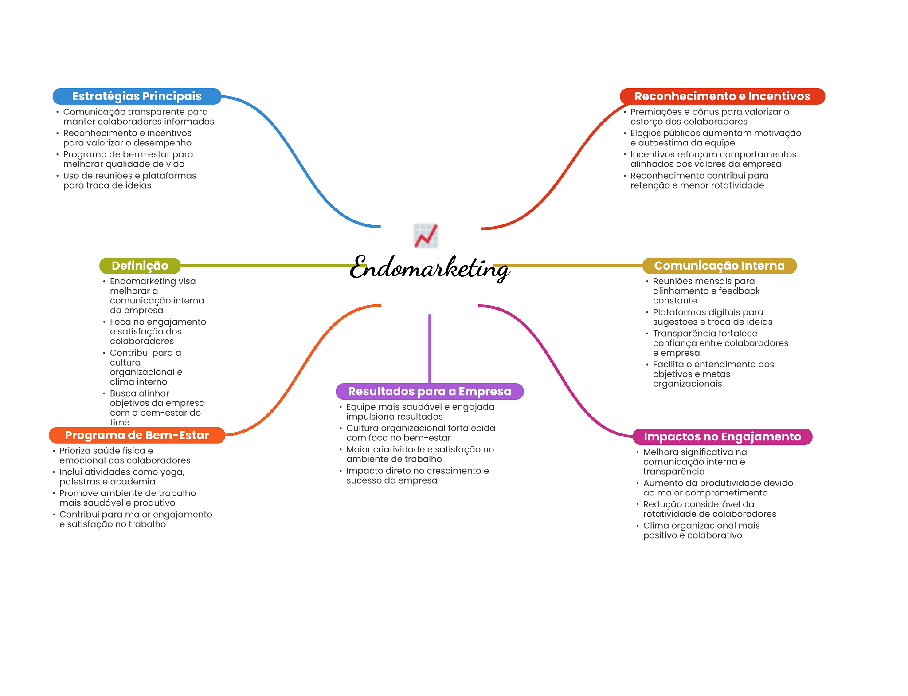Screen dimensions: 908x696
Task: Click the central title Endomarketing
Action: [429, 268]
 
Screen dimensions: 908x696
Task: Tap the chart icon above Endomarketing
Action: [426, 236]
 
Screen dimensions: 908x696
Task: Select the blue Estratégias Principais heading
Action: [137, 96]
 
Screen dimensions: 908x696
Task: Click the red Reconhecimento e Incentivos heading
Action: [722, 96]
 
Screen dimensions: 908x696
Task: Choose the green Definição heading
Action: [140, 266]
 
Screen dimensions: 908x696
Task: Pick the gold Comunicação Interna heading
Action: [719, 266]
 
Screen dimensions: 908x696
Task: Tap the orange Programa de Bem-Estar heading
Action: [137, 435]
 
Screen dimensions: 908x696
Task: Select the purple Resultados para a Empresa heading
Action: [429, 391]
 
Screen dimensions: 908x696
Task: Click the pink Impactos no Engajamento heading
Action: [722, 436]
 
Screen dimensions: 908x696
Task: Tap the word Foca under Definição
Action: [120, 322]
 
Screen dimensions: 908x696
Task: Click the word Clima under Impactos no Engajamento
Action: [656, 526]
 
